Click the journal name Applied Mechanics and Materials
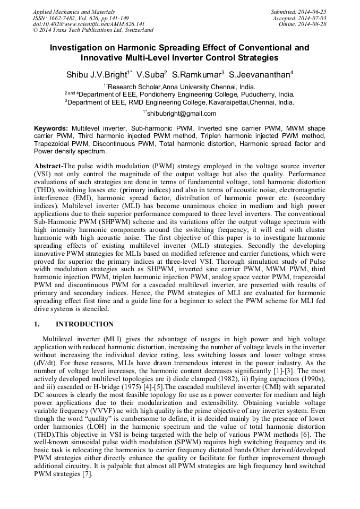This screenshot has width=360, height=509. pos(73,11)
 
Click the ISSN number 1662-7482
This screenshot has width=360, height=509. pos(63,18)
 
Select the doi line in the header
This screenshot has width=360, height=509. pos(89,24)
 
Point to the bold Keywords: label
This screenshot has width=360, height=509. pos(51,128)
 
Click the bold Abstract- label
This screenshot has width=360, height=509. pos(48,166)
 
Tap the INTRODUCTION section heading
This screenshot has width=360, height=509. pos(84,324)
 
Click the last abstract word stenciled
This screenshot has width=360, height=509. pos(94,309)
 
